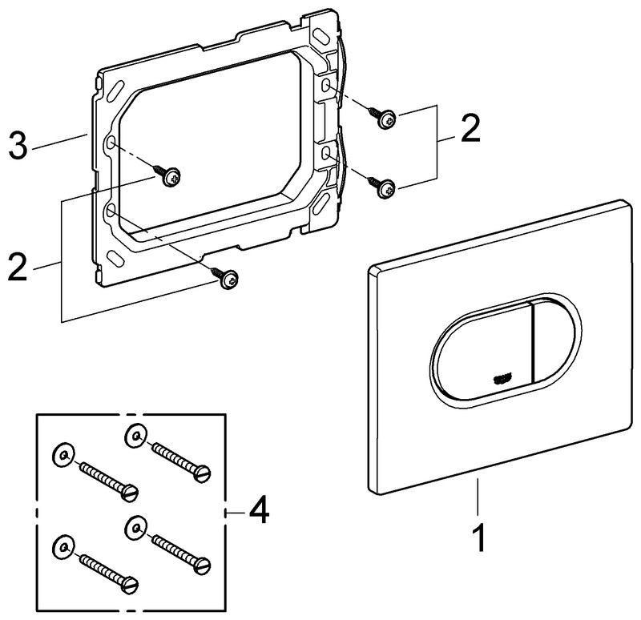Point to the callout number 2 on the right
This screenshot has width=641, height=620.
[470, 128]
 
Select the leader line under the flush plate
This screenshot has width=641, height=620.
[478, 501]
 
